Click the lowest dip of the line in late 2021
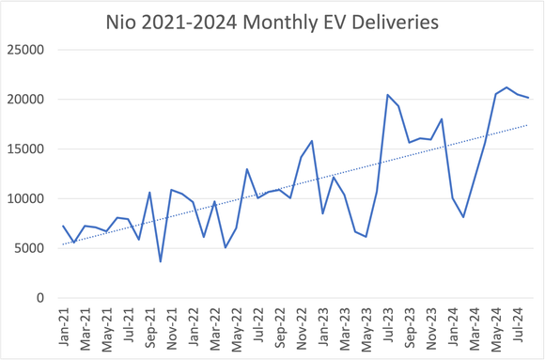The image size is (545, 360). pyautogui.click(x=161, y=261)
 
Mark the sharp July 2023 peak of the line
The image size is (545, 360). pyautogui.click(x=387, y=95)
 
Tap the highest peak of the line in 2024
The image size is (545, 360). pyautogui.click(x=506, y=87)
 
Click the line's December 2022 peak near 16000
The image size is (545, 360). pyautogui.click(x=312, y=141)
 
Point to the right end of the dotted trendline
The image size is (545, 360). pyautogui.click(x=528, y=125)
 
